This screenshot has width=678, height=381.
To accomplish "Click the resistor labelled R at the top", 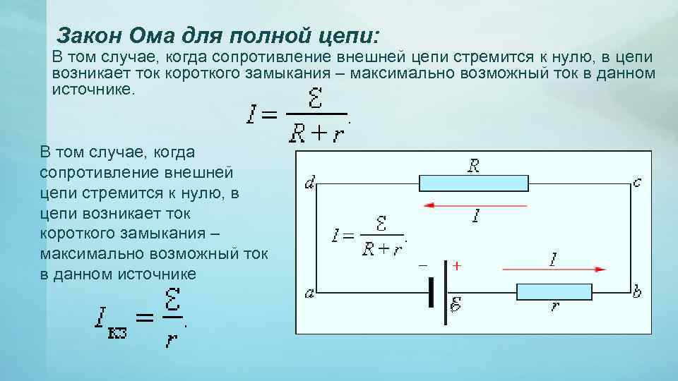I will pos(473,183).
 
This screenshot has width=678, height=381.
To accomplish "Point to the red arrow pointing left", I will pos(475,205).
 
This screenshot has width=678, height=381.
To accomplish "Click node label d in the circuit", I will pos(309,184).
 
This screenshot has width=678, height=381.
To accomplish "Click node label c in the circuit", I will pos(637,182).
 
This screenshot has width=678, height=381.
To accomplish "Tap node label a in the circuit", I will pos(309,293).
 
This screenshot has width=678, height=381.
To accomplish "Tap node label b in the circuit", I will pos(637,291).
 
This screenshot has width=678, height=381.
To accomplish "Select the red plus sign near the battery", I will pos(457,266).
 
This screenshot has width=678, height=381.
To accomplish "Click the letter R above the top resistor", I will pos(473,166).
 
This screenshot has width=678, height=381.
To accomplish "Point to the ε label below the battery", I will pos(456,306).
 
